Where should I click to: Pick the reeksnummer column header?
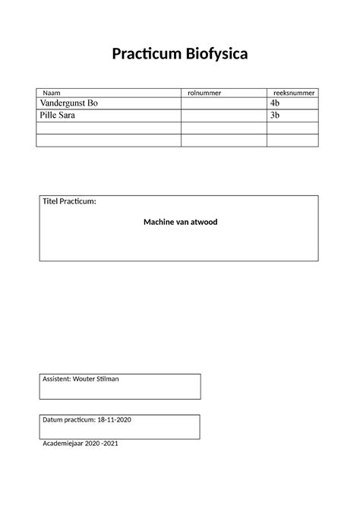294,93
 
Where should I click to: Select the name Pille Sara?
57,115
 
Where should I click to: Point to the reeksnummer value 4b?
276,103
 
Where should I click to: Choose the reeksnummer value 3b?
276,115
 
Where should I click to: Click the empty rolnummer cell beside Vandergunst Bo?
224,103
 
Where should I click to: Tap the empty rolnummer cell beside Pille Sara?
224,115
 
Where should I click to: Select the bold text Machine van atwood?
180,222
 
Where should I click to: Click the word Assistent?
56,378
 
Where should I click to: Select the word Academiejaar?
64,444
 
